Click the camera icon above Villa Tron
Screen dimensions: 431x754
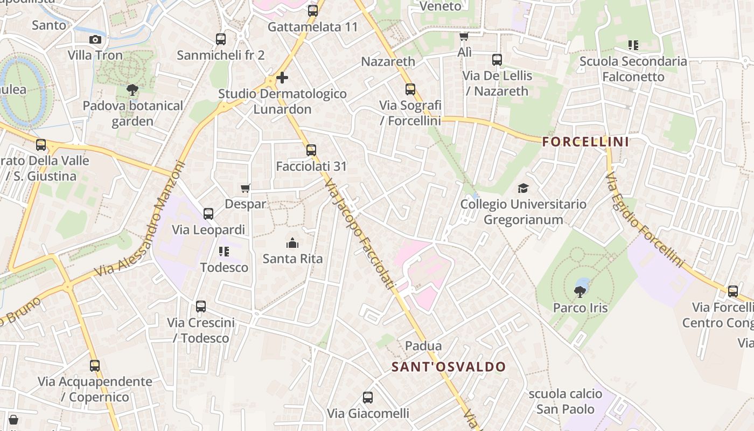(95, 39)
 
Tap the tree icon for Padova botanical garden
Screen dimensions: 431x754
(132, 90)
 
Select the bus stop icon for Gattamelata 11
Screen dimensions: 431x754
(313, 10)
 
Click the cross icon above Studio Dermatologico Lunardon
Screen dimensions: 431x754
(282, 78)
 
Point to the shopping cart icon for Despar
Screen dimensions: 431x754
(246, 189)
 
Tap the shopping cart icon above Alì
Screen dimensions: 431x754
(464, 37)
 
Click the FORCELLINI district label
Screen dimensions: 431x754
(585, 142)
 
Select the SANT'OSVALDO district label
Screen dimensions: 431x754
(449, 367)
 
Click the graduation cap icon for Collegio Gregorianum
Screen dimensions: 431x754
(523, 189)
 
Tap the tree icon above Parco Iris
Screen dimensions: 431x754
(580, 292)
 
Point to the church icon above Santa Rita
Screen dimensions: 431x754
(292, 243)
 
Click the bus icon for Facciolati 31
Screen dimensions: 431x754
(311, 150)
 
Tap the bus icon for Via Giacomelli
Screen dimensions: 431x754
(368, 398)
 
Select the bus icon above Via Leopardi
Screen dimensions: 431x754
(208, 214)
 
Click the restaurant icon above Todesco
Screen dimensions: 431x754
(224, 252)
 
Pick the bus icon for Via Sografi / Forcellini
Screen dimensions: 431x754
(410, 89)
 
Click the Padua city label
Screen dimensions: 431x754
(423, 346)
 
